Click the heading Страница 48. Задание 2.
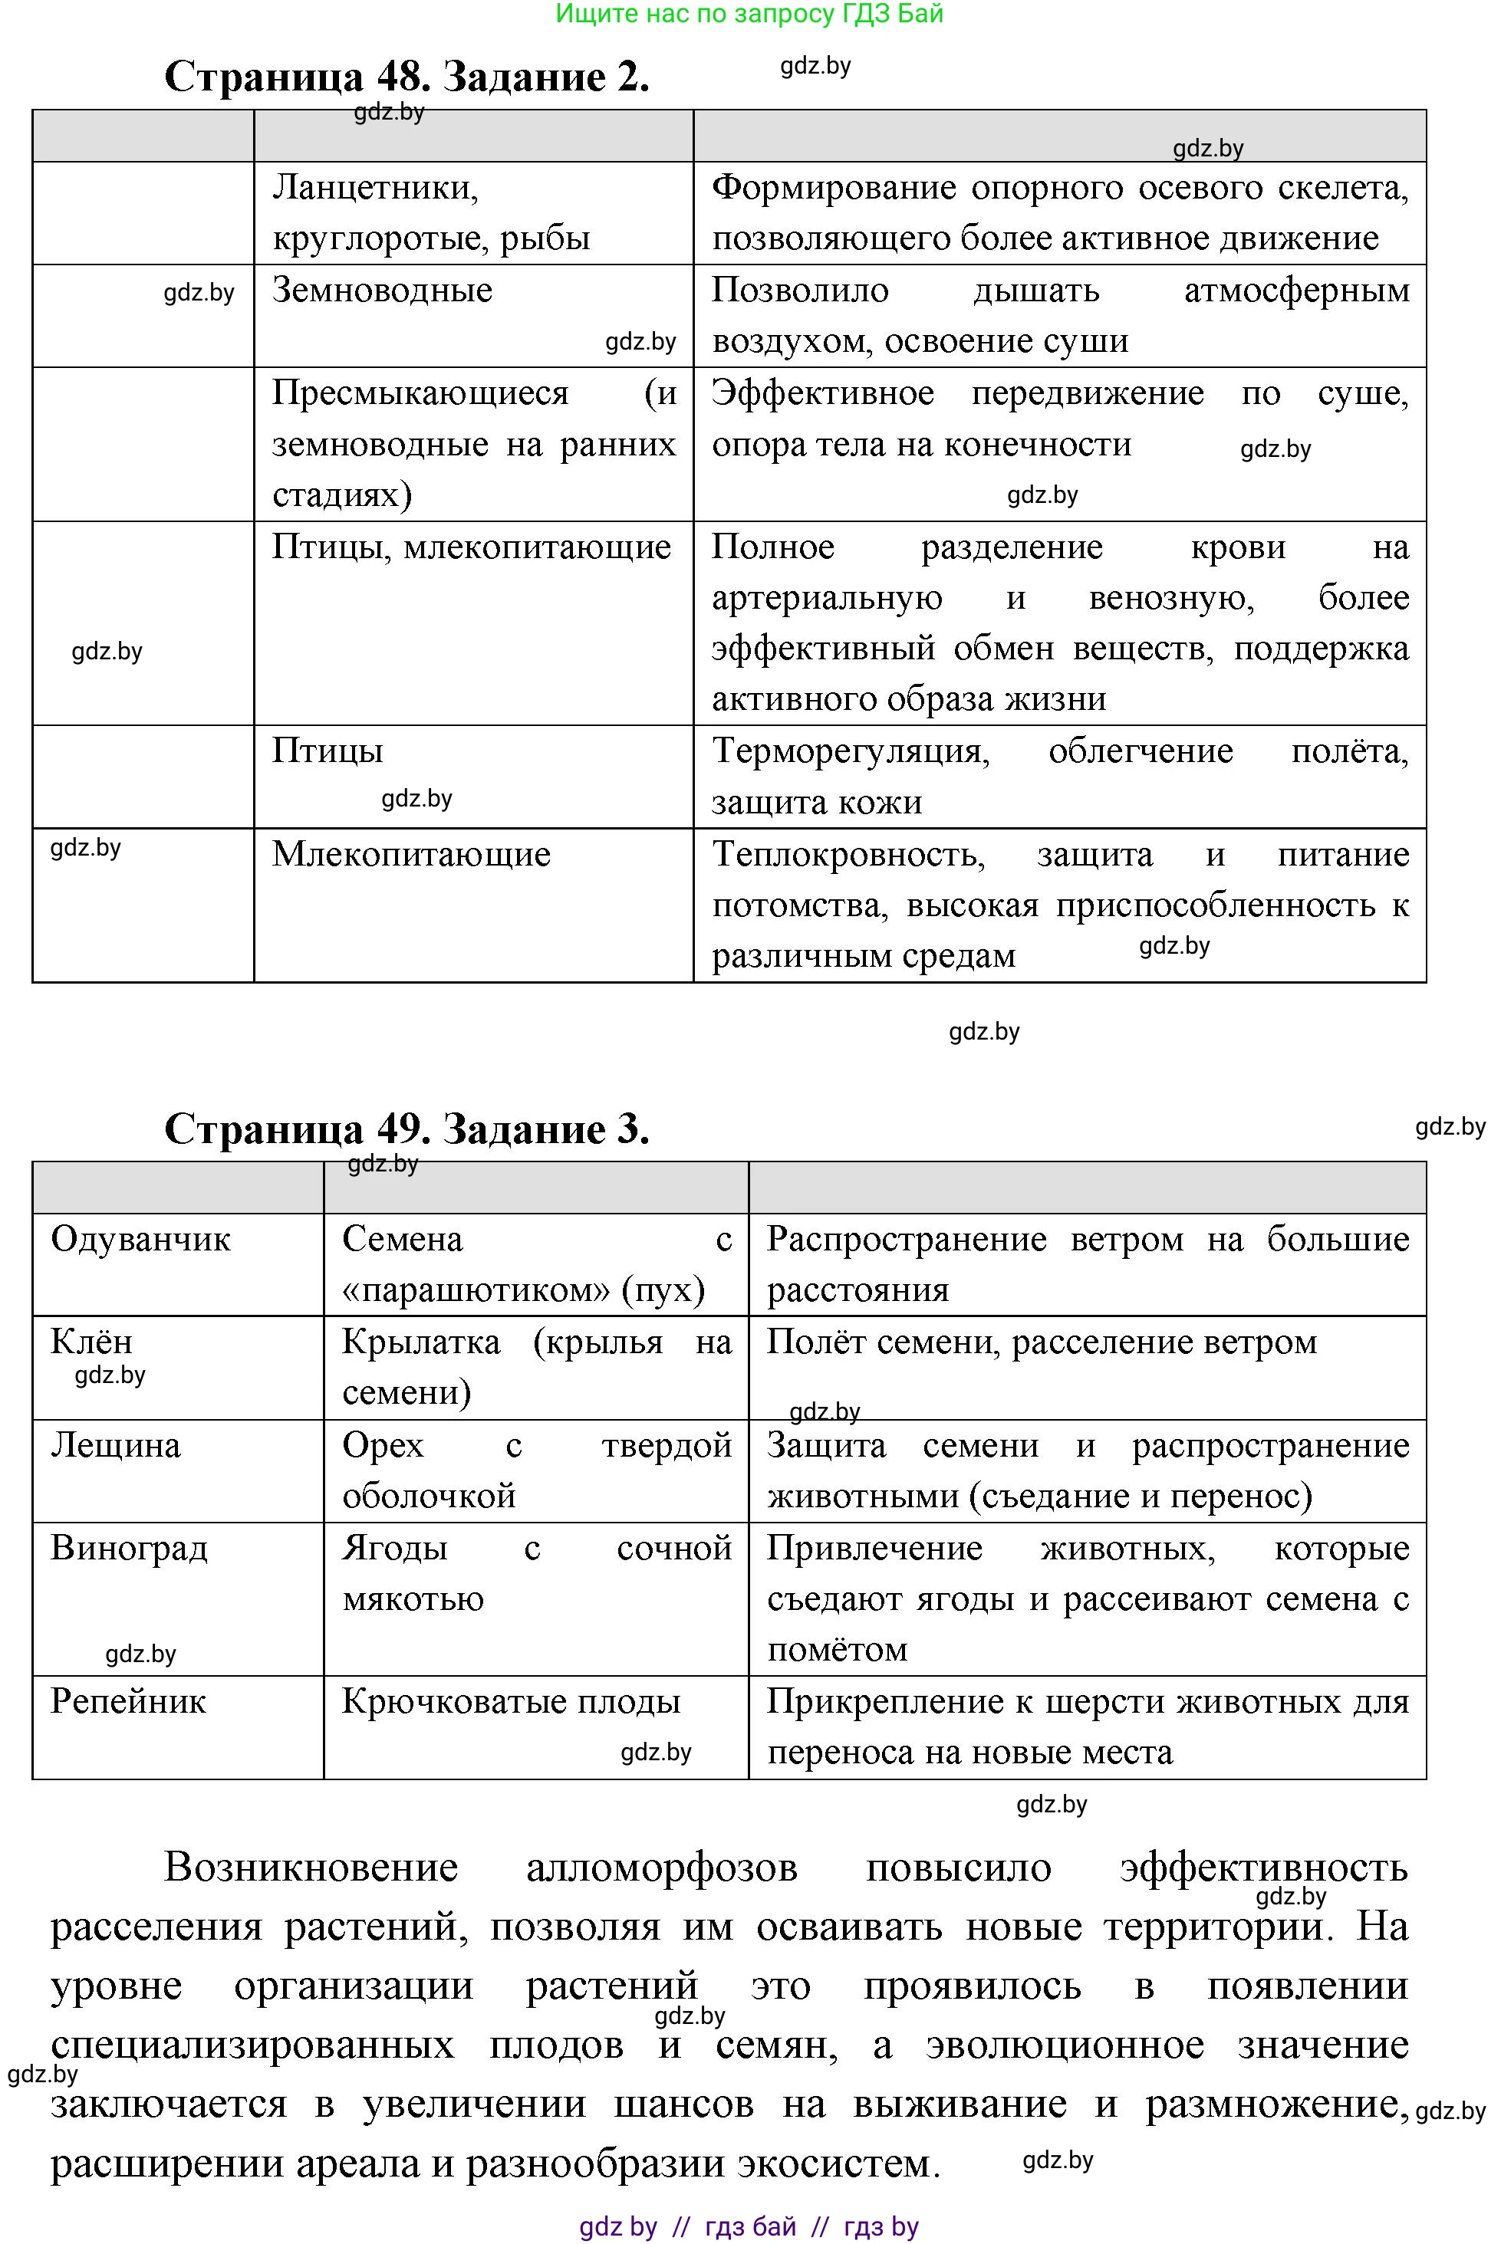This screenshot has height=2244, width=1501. (x=407, y=77)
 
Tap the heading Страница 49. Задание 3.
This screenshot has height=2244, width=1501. (x=407, y=1129)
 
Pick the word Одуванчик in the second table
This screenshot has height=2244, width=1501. (x=140, y=1239)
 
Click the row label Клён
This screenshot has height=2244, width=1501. (x=91, y=1342)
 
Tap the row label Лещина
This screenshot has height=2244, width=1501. (x=115, y=1445)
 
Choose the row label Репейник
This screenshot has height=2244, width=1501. (x=128, y=1701)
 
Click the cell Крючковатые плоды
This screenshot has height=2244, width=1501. (x=510, y=1701)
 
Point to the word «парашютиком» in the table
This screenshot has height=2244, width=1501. (x=476, y=1290)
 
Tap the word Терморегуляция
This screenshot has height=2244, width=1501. (x=850, y=751)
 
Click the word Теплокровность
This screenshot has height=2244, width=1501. (x=848, y=853)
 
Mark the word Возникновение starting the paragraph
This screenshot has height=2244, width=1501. (x=311, y=1867)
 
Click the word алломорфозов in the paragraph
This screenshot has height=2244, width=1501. (x=661, y=1867)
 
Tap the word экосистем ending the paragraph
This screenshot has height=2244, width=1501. (x=838, y=2164)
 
